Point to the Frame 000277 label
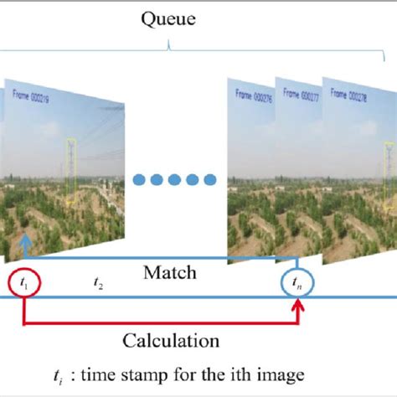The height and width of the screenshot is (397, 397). (x=301, y=95)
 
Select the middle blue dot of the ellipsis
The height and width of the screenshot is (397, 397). (x=175, y=179)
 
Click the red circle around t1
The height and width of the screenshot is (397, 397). (x=23, y=284)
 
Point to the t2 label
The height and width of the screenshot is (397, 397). (x=98, y=285)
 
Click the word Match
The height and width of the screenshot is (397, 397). (x=170, y=272)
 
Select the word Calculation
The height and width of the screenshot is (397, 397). (x=171, y=341)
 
